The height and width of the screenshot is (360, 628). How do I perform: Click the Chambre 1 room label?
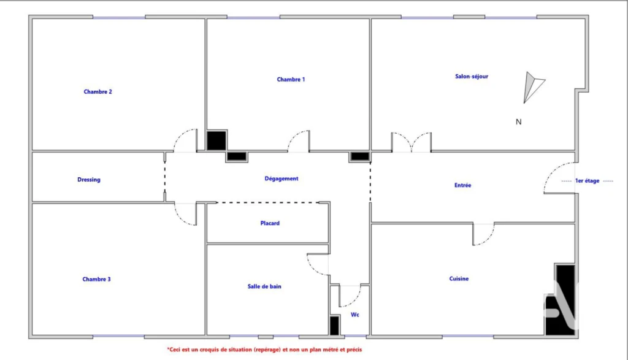(291, 79)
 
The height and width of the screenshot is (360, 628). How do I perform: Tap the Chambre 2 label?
(98, 92)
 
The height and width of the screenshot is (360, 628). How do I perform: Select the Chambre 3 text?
(96, 279)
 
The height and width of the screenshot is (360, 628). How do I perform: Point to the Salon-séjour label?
(472, 76)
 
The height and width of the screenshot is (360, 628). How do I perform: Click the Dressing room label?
(89, 180)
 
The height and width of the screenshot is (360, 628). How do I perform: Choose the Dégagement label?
(281, 178)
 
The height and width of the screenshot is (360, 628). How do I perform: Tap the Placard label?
(270, 223)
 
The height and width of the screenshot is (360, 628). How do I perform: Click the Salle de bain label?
(264, 286)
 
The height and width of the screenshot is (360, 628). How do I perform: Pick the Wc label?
(355, 315)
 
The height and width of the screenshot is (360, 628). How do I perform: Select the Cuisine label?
(459, 278)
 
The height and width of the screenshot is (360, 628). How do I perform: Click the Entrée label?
(462, 185)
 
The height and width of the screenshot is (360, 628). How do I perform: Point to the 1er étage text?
(587, 180)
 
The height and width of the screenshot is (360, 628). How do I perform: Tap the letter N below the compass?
(518, 121)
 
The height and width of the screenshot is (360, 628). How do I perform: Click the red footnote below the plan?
(264, 350)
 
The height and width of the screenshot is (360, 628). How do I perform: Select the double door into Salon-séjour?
(412, 142)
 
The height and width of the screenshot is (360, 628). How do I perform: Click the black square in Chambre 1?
(216, 140)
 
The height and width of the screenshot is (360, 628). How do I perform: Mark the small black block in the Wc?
(334, 326)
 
